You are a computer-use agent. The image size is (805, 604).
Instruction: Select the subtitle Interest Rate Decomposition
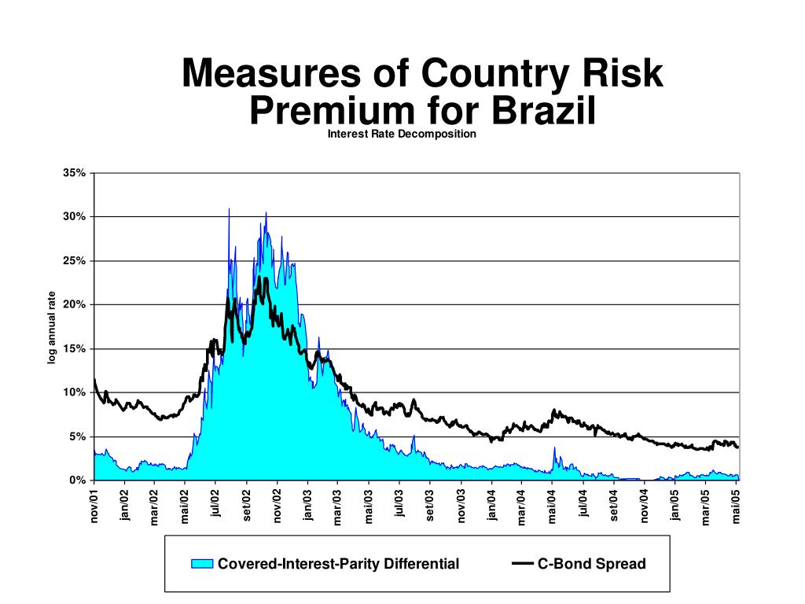(402, 134)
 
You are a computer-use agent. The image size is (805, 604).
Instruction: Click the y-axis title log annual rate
(52, 328)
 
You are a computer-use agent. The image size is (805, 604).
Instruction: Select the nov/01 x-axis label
(94, 505)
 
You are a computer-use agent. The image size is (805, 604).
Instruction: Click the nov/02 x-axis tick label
(278, 505)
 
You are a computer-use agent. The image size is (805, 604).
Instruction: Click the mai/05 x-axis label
(737, 505)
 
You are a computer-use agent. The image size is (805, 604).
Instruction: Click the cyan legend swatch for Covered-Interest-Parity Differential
(203, 564)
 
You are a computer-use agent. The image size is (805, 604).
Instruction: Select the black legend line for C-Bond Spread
(522, 564)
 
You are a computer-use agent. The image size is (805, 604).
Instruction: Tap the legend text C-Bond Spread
(591, 564)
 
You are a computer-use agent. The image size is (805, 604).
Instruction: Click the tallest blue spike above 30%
(229, 211)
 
